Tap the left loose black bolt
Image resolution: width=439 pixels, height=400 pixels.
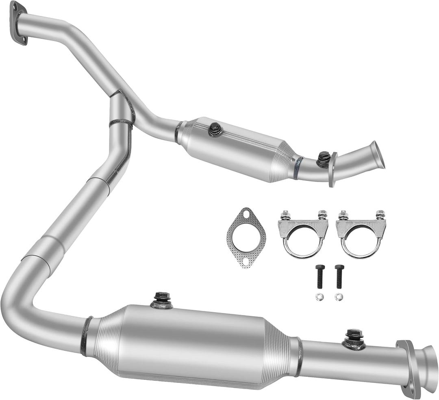(319, 276)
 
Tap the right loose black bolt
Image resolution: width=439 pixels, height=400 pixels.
(339, 276)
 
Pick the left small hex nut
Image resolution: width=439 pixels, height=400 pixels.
(319, 297)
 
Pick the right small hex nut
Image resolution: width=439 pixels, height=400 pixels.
(339, 297)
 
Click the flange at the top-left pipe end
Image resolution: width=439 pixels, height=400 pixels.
(19, 23)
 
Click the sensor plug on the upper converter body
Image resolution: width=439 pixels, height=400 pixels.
(215, 130)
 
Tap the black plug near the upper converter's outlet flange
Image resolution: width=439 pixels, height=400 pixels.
(324, 159)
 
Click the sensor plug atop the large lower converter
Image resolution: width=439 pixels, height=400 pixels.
(162, 299)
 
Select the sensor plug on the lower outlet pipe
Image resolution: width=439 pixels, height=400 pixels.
(354, 338)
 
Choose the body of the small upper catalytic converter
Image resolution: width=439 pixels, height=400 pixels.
(236, 148)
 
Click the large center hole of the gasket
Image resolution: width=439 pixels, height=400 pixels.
(246, 237)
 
